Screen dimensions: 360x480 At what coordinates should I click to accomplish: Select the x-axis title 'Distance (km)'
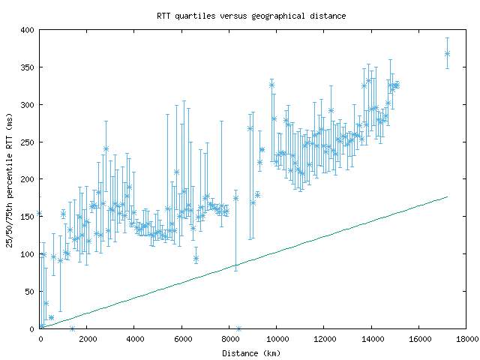(x=253, y=353)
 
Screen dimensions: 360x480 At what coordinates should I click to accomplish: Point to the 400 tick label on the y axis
(x=28, y=30)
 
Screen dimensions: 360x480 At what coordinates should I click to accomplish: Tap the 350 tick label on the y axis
(x=28, y=67)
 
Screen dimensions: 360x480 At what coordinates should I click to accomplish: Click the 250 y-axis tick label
(x=28, y=142)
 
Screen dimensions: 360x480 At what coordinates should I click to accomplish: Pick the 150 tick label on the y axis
(x=28, y=217)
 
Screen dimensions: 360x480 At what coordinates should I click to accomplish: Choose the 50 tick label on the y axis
(x=30, y=291)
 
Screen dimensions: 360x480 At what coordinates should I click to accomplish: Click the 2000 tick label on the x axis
(x=87, y=340)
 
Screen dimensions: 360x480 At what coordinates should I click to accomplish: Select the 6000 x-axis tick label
(x=181, y=340)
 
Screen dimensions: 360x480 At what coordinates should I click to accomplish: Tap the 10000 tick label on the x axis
(x=276, y=340)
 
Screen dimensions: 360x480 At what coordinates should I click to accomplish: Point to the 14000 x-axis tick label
(x=371, y=340)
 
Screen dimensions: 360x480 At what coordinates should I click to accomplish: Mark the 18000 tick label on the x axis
(x=466, y=340)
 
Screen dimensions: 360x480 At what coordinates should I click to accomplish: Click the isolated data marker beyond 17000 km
(x=447, y=53)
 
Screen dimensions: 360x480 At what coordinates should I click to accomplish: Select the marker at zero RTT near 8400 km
(x=238, y=328)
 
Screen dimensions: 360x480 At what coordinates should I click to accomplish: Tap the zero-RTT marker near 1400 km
(x=72, y=328)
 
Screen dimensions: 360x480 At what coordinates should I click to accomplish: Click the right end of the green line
(x=447, y=197)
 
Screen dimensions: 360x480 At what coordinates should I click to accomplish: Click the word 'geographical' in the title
(x=282, y=15)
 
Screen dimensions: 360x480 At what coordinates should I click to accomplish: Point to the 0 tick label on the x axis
(x=40, y=340)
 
